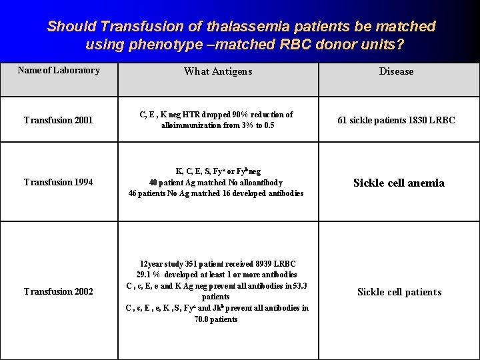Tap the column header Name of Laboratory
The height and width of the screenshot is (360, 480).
pyautogui.click(x=59, y=70)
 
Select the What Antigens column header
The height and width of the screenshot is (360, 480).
pyautogui.click(x=218, y=71)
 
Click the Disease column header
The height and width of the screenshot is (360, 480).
pyautogui.click(x=396, y=71)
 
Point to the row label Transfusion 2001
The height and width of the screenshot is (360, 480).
pyautogui.click(x=58, y=121)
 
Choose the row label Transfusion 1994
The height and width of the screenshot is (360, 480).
pyautogui.click(x=58, y=183)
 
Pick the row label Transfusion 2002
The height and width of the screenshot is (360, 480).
pyautogui.click(x=58, y=291)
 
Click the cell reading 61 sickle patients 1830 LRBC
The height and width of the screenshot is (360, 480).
pyautogui.click(x=396, y=121)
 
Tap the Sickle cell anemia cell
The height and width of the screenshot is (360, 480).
pyautogui.click(x=399, y=183)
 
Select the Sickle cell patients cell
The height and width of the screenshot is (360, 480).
pyautogui.click(x=399, y=292)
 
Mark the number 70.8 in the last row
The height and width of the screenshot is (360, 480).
pyautogui.click(x=204, y=319)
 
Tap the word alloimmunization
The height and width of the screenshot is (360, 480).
pyautogui.click(x=189, y=125)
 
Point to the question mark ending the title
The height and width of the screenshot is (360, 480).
pyautogui.click(x=400, y=45)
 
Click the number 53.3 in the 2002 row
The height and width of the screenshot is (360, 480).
pyautogui.click(x=299, y=286)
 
